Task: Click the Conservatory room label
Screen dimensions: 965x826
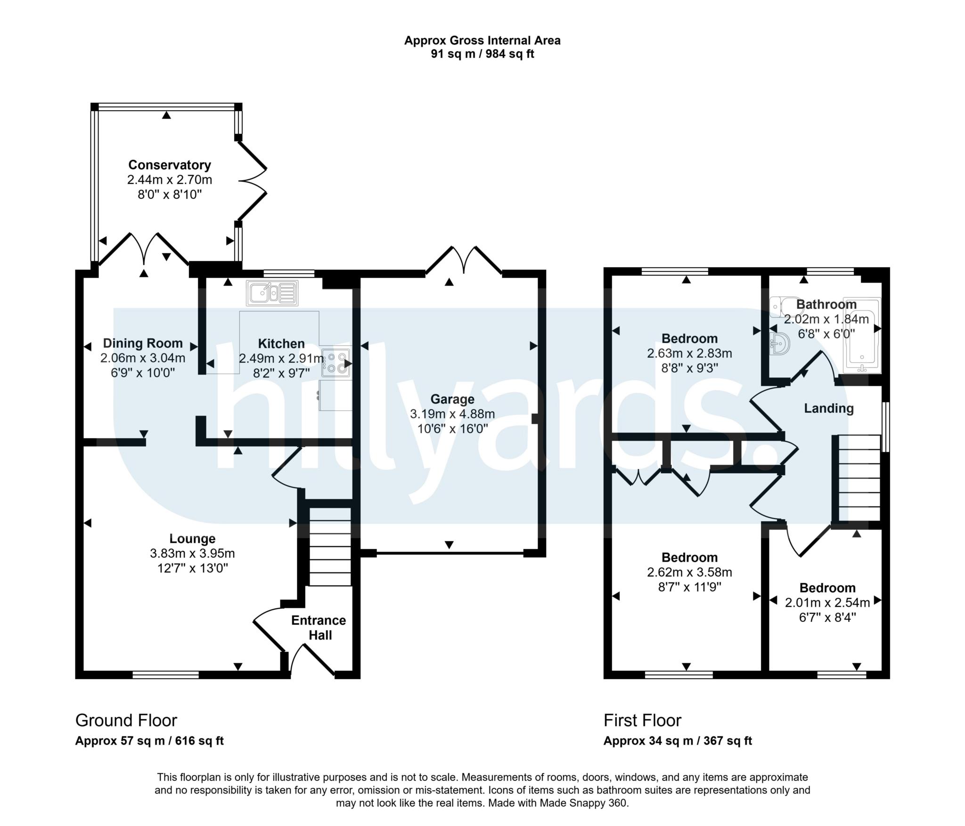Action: point(170,165)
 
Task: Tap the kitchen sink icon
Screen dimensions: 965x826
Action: point(272,293)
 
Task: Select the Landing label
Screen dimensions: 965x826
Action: point(829,408)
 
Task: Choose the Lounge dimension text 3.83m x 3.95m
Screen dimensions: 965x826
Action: point(193,553)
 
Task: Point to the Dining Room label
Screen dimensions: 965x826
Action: point(143,343)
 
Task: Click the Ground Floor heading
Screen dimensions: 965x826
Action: point(126,720)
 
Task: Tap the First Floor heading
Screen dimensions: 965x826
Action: point(643,720)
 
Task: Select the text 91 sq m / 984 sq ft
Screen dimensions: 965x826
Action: point(482,54)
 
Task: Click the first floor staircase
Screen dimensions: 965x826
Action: point(857,478)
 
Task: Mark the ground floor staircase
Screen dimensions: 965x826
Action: point(330,546)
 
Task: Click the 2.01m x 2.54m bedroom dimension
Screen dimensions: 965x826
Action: point(827,602)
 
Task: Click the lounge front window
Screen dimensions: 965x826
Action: point(165,675)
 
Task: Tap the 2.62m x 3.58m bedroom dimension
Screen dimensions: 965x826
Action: point(690,572)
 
